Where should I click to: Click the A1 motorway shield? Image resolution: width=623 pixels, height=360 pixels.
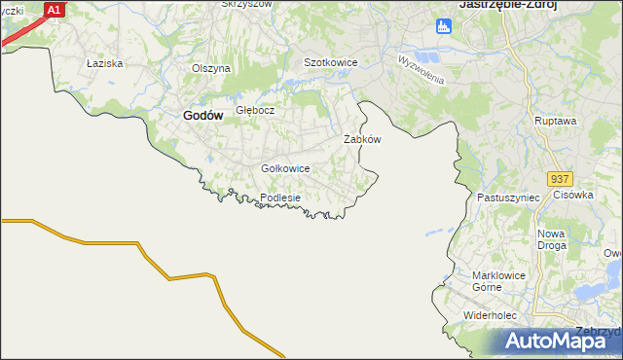tap(55, 10)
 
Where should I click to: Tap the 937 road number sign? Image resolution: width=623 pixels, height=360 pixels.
tap(560, 180)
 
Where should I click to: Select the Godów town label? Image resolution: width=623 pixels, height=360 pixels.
tap(203, 115)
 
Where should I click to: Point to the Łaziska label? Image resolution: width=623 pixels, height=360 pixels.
tap(102, 63)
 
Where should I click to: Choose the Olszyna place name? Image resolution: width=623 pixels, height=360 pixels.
tap(210, 68)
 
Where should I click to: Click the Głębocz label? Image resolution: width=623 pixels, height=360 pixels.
tap(256, 110)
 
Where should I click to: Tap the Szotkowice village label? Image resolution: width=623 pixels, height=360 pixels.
tap(331, 62)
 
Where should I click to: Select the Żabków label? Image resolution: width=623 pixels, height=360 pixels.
tap(362, 139)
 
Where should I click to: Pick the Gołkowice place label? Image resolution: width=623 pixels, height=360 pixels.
tap(285, 168)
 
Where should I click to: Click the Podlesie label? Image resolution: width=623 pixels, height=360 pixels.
tap(280, 198)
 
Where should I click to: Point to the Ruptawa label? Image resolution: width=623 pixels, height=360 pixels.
tap(556, 121)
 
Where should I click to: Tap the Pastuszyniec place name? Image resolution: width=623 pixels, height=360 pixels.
tap(508, 198)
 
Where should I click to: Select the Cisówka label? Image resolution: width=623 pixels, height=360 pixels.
tap(573, 195)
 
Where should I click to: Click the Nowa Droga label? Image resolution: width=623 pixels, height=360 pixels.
tap(552, 239)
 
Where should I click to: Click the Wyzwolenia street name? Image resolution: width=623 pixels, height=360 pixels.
tap(421, 68)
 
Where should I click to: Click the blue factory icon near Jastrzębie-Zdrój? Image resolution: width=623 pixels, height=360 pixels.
tap(444, 26)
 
